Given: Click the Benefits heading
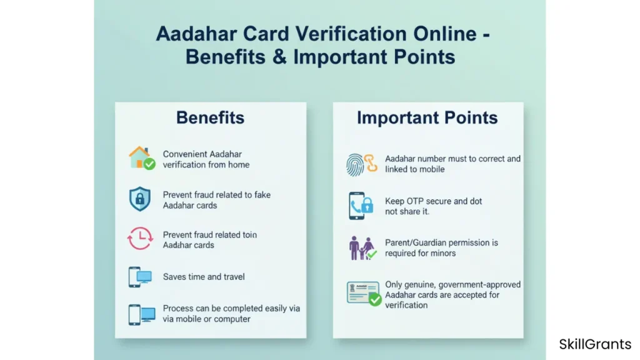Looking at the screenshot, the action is pyautogui.click(x=210, y=117).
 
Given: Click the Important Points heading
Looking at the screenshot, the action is pyautogui.click(x=427, y=117).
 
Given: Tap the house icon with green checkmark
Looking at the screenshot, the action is pyautogui.click(x=142, y=158).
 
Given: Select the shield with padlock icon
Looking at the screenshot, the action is pyautogui.click(x=139, y=199).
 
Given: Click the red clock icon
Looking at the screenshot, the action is pyautogui.click(x=140, y=238).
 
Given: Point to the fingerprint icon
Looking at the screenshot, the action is pyautogui.click(x=355, y=164).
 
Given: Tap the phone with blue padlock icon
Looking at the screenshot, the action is pyautogui.click(x=361, y=206).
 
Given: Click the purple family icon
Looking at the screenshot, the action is pyautogui.click(x=362, y=247).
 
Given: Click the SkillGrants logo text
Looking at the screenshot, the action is pyautogui.click(x=595, y=344).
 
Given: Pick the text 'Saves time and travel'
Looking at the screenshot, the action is pyautogui.click(x=204, y=277).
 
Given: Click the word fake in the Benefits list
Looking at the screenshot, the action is pyautogui.click(x=262, y=195).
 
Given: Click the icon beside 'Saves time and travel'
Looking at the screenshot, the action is pyautogui.click(x=140, y=277).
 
